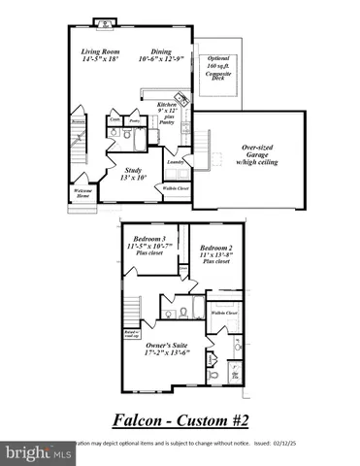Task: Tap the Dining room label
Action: pos(161,55)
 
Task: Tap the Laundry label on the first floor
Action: pos(177,162)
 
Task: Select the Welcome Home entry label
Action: pos(84,193)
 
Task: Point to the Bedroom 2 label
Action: pos(217,250)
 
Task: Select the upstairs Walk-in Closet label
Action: pos(224,314)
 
